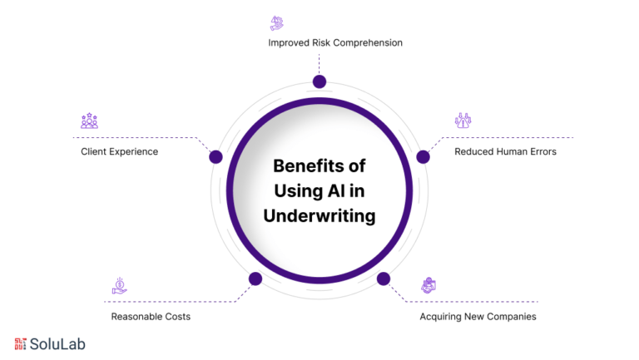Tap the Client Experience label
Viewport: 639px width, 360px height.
tap(119, 151)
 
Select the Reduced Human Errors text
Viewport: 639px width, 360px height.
tap(505, 151)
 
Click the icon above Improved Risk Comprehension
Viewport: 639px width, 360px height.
tap(277, 22)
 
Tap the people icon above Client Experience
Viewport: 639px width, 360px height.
tap(89, 121)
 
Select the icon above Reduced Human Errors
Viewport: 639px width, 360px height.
tap(463, 121)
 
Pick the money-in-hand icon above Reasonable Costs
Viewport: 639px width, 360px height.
tap(120, 286)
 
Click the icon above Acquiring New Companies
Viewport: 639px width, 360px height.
tap(428, 286)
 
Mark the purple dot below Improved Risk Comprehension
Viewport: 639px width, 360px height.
tap(319, 81)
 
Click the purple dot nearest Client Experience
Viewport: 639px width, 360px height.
tap(215, 156)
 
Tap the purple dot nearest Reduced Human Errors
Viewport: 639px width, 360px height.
tap(423, 156)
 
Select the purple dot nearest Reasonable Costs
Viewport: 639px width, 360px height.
tap(255, 279)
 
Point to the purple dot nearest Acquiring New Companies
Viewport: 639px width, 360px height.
tap(383, 279)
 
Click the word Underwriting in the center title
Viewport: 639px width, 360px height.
tap(319, 216)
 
